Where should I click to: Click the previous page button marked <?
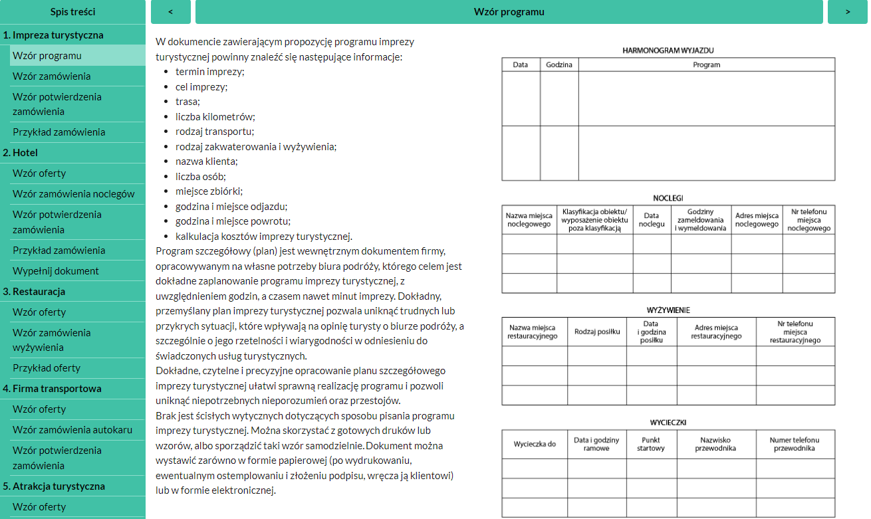pos(171,12)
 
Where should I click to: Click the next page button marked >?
pos(848,12)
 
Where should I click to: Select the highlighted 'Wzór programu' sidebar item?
pos(47,56)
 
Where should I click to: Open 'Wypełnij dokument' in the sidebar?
pos(56,270)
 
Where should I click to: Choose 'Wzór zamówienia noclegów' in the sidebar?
pos(73,193)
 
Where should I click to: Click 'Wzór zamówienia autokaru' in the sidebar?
pos(72,429)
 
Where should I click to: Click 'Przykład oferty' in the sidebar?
pos(47,367)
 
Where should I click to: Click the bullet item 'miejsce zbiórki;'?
pos(208,191)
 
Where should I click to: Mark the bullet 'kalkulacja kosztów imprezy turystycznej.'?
pos(264,236)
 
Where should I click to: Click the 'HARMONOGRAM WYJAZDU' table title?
pos(668,50)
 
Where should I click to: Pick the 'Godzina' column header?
pos(559,64)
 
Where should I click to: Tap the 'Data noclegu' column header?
pos(652,219)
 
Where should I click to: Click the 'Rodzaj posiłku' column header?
pos(597,332)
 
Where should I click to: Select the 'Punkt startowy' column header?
pos(652,444)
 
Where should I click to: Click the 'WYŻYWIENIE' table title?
pos(668,310)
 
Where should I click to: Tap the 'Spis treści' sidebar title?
pos(72,12)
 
